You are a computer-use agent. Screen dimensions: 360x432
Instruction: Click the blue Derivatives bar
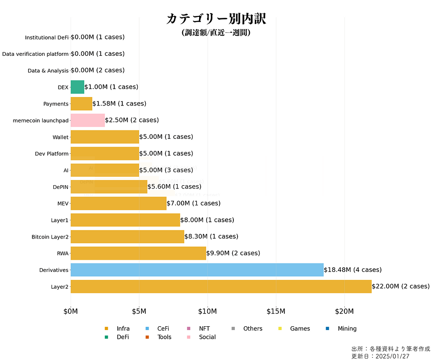tap(197, 270)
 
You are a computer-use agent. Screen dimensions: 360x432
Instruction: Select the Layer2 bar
tap(221, 286)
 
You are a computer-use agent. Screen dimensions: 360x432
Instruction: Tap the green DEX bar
tap(77, 87)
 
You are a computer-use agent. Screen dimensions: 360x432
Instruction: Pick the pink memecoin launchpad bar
tap(88, 120)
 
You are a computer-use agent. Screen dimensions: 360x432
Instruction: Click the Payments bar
tap(81, 104)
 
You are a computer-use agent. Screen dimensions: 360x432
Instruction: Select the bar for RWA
tap(138, 253)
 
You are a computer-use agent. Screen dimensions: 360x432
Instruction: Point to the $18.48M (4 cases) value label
tap(352, 270)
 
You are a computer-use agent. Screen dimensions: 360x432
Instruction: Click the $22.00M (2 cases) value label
tap(401, 286)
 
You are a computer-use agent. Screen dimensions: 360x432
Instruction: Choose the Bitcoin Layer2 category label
tap(50, 237)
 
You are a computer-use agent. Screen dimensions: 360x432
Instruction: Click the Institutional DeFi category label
tap(46, 37)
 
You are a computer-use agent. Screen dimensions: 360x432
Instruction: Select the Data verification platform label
tap(35, 54)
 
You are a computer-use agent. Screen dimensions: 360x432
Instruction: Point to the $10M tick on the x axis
tap(207, 311)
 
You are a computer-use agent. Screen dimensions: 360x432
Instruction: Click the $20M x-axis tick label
tap(344, 311)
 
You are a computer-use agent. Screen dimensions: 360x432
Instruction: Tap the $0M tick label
tap(71, 311)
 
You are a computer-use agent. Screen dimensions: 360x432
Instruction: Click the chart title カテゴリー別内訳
tap(216, 19)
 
